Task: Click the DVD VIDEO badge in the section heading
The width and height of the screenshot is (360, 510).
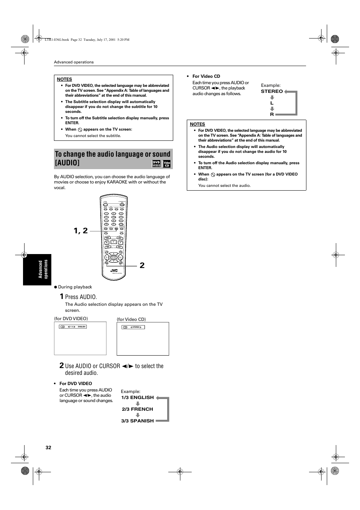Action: tap(156, 163)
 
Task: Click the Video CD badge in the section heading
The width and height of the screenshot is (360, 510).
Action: tap(167, 163)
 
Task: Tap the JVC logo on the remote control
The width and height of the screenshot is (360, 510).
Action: tap(114, 270)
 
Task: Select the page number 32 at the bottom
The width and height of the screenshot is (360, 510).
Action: tap(48, 447)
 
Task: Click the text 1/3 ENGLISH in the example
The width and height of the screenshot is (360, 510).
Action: tap(137, 398)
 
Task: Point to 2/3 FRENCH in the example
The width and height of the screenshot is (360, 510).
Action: tap(137, 409)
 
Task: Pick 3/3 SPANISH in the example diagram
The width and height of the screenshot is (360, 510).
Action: tap(137, 421)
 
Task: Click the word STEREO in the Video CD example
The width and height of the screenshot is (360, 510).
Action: tap(272, 91)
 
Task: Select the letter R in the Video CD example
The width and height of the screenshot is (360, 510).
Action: tap(272, 114)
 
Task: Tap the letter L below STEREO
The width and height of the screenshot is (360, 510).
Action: tap(272, 103)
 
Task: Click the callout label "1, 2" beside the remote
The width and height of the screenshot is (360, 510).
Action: tap(81, 231)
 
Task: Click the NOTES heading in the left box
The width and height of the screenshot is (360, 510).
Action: tap(65, 79)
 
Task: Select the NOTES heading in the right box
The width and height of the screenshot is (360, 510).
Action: tap(197, 124)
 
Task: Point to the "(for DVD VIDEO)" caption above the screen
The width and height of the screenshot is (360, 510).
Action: tap(71, 319)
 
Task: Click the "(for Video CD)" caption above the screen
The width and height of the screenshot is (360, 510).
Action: tap(131, 319)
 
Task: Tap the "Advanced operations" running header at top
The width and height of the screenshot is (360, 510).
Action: tap(74, 62)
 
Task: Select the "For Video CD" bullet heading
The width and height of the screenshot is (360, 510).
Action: tap(206, 76)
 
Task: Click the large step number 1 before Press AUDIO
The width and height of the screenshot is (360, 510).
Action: tap(62, 296)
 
